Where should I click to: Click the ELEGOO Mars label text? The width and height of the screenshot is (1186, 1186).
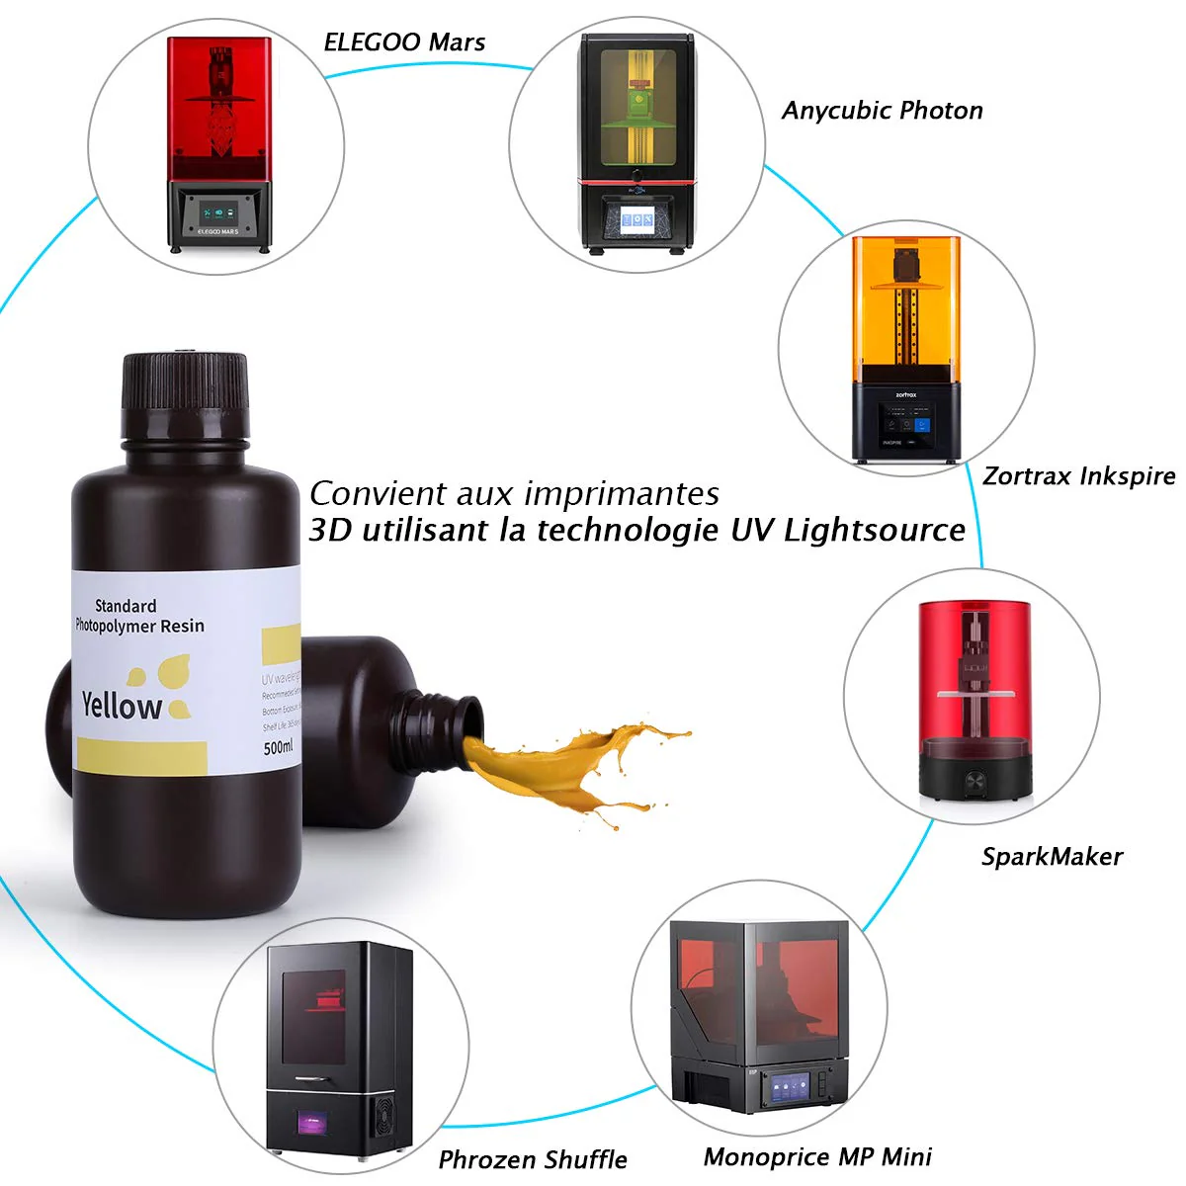[x=404, y=42]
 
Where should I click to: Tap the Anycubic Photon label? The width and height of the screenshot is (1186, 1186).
[x=882, y=111]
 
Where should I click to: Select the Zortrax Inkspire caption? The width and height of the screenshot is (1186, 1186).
[x=1078, y=476]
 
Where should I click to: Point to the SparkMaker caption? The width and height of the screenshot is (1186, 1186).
[x=1052, y=856]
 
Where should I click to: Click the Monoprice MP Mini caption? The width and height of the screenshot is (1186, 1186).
[x=817, y=1156]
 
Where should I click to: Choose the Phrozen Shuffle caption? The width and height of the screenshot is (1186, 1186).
[x=533, y=1159]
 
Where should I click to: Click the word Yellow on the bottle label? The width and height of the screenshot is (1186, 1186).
[x=122, y=706]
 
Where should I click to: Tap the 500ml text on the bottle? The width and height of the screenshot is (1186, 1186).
[x=279, y=748]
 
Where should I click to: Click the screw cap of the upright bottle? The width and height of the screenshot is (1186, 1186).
[x=185, y=395]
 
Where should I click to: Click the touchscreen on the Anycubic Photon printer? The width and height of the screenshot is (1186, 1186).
[x=635, y=218]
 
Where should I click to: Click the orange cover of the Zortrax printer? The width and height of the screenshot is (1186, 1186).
[x=906, y=306]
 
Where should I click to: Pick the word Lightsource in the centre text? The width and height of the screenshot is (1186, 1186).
[x=875, y=531]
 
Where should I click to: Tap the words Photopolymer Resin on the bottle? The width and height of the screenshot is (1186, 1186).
[x=140, y=626]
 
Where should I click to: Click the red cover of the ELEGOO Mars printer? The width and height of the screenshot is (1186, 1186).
[x=217, y=109]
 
